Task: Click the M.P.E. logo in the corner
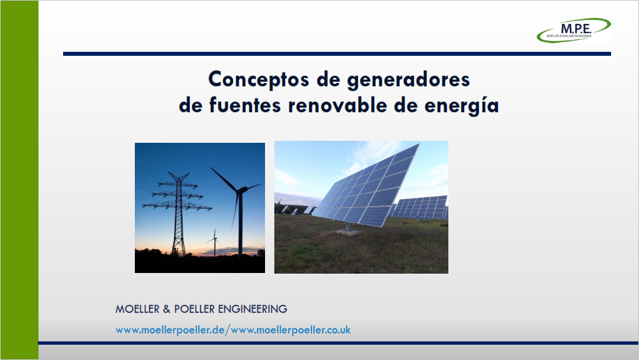(x=573, y=30)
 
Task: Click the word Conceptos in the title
(x=259, y=79)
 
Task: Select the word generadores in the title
(x=409, y=80)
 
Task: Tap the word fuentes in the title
(x=245, y=105)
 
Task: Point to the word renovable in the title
(x=337, y=105)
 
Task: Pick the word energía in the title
(x=462, y=106)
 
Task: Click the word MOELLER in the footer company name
(x=137, y=309)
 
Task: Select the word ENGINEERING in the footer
(x=252, y=309)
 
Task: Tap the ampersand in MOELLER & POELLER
(x=167, y=309)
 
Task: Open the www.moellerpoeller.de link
(x=170, y=330)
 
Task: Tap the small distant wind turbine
(x=215, y=242)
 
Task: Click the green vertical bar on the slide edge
(x=19, y=180)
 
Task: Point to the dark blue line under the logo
(x=337, y=54)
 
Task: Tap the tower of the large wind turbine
(x=240, y=225)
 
